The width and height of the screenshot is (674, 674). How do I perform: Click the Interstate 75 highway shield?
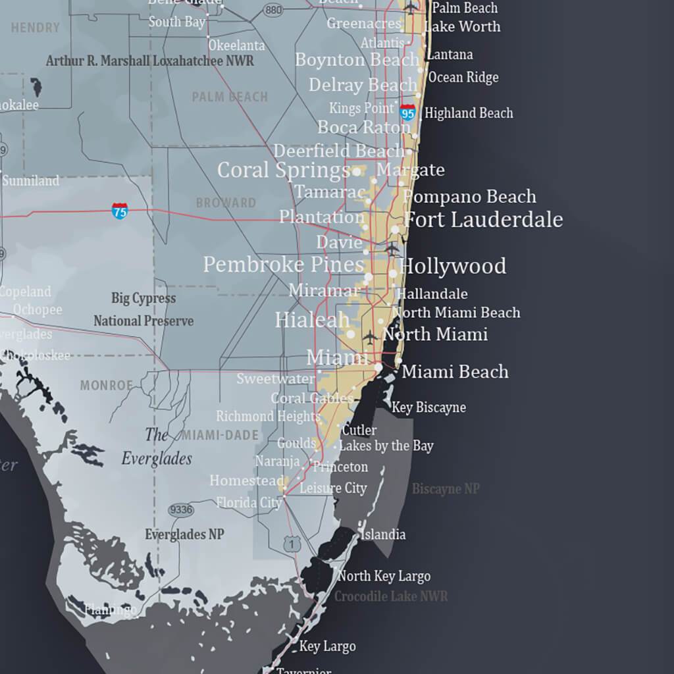pos(120,211)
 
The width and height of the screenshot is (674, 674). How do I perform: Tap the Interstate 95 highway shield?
pos(408,113)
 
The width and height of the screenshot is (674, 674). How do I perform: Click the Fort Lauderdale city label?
pos(483,220)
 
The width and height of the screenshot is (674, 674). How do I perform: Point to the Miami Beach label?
pos(455,372)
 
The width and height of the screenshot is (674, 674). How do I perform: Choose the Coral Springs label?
pos(283,170)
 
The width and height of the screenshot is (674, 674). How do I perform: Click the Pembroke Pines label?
pos(283,265)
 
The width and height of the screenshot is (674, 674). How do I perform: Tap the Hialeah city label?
pos(312,321)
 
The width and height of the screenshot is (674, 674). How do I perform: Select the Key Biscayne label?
pos(428,407)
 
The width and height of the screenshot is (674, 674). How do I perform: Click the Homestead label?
pos(247,481)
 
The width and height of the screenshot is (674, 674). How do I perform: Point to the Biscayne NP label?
pos(446,489)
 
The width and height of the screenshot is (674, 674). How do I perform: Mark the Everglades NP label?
pos(184,534)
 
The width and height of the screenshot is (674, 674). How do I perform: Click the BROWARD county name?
pos(226,203)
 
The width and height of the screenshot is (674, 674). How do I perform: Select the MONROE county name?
pos(107,385)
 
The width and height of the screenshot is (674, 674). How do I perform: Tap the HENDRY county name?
pos(36,28)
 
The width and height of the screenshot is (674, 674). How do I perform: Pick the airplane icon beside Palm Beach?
pos(412,8)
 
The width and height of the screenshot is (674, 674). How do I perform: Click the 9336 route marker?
pos(181,509)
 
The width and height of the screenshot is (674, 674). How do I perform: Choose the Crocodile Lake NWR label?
pos(391,596)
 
